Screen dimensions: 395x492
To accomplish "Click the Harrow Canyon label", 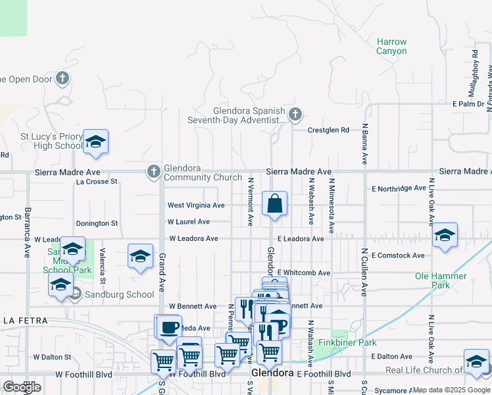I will click(391, 46).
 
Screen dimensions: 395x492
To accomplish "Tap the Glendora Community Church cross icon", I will click(153, 172).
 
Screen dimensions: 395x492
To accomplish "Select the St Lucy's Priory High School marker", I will click(95, 142).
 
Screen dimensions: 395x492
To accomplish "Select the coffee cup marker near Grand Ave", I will click(168, 327).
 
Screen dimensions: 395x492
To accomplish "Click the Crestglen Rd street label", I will click(329, 130).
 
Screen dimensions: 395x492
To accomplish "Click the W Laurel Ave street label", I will click(189, 223).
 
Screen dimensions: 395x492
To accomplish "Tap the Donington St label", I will click(97, 224).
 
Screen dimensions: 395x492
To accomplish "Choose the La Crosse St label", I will click(97, 181).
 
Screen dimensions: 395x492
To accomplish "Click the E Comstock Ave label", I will click(398, 255).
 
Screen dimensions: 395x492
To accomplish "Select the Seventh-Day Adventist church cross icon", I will click(295, 115).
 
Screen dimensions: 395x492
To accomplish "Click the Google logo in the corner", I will click(22, 386).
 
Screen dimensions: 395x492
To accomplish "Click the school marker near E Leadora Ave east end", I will click(445, 235).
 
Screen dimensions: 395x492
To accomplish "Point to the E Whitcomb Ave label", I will click(303, 273).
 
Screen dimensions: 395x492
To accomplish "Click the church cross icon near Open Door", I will click(62, 80).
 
